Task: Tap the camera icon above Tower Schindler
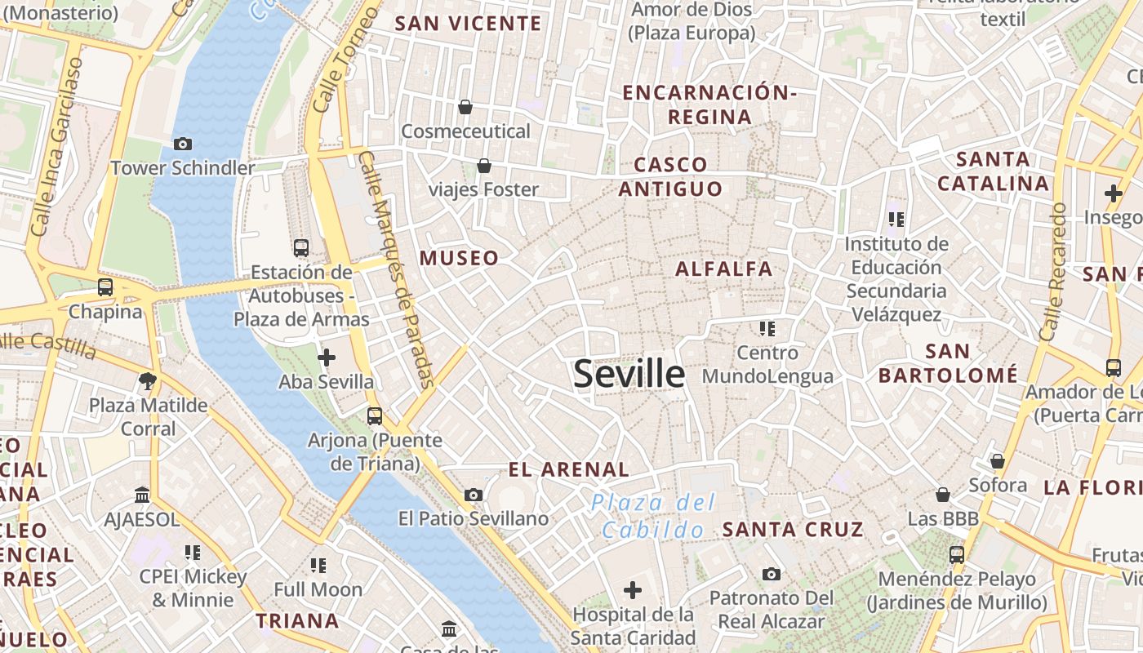pos(183,144)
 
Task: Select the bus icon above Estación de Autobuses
pos(301,247)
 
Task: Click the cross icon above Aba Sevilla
pos(326,357)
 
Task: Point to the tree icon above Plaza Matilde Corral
pos(148,380)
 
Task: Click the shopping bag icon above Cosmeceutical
pos(465,106)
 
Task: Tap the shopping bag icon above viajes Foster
pos(484,166)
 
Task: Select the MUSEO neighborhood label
pos(459,258)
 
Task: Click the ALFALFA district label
pos(723,269)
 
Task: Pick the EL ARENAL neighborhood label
pos(568,469)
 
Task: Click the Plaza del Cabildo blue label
pos(653,516)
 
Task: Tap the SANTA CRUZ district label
pos(793,529)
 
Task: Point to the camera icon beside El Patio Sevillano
pos(473,495)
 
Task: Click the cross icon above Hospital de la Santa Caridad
pos(633,589)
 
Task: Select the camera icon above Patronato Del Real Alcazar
pos(772,574)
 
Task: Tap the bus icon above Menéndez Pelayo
pos(956,555)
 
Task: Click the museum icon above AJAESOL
pos(142,495)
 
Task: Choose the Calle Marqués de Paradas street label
pos(397,269)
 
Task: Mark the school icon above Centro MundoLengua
pos(767,328)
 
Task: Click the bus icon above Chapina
pos(105,287)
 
